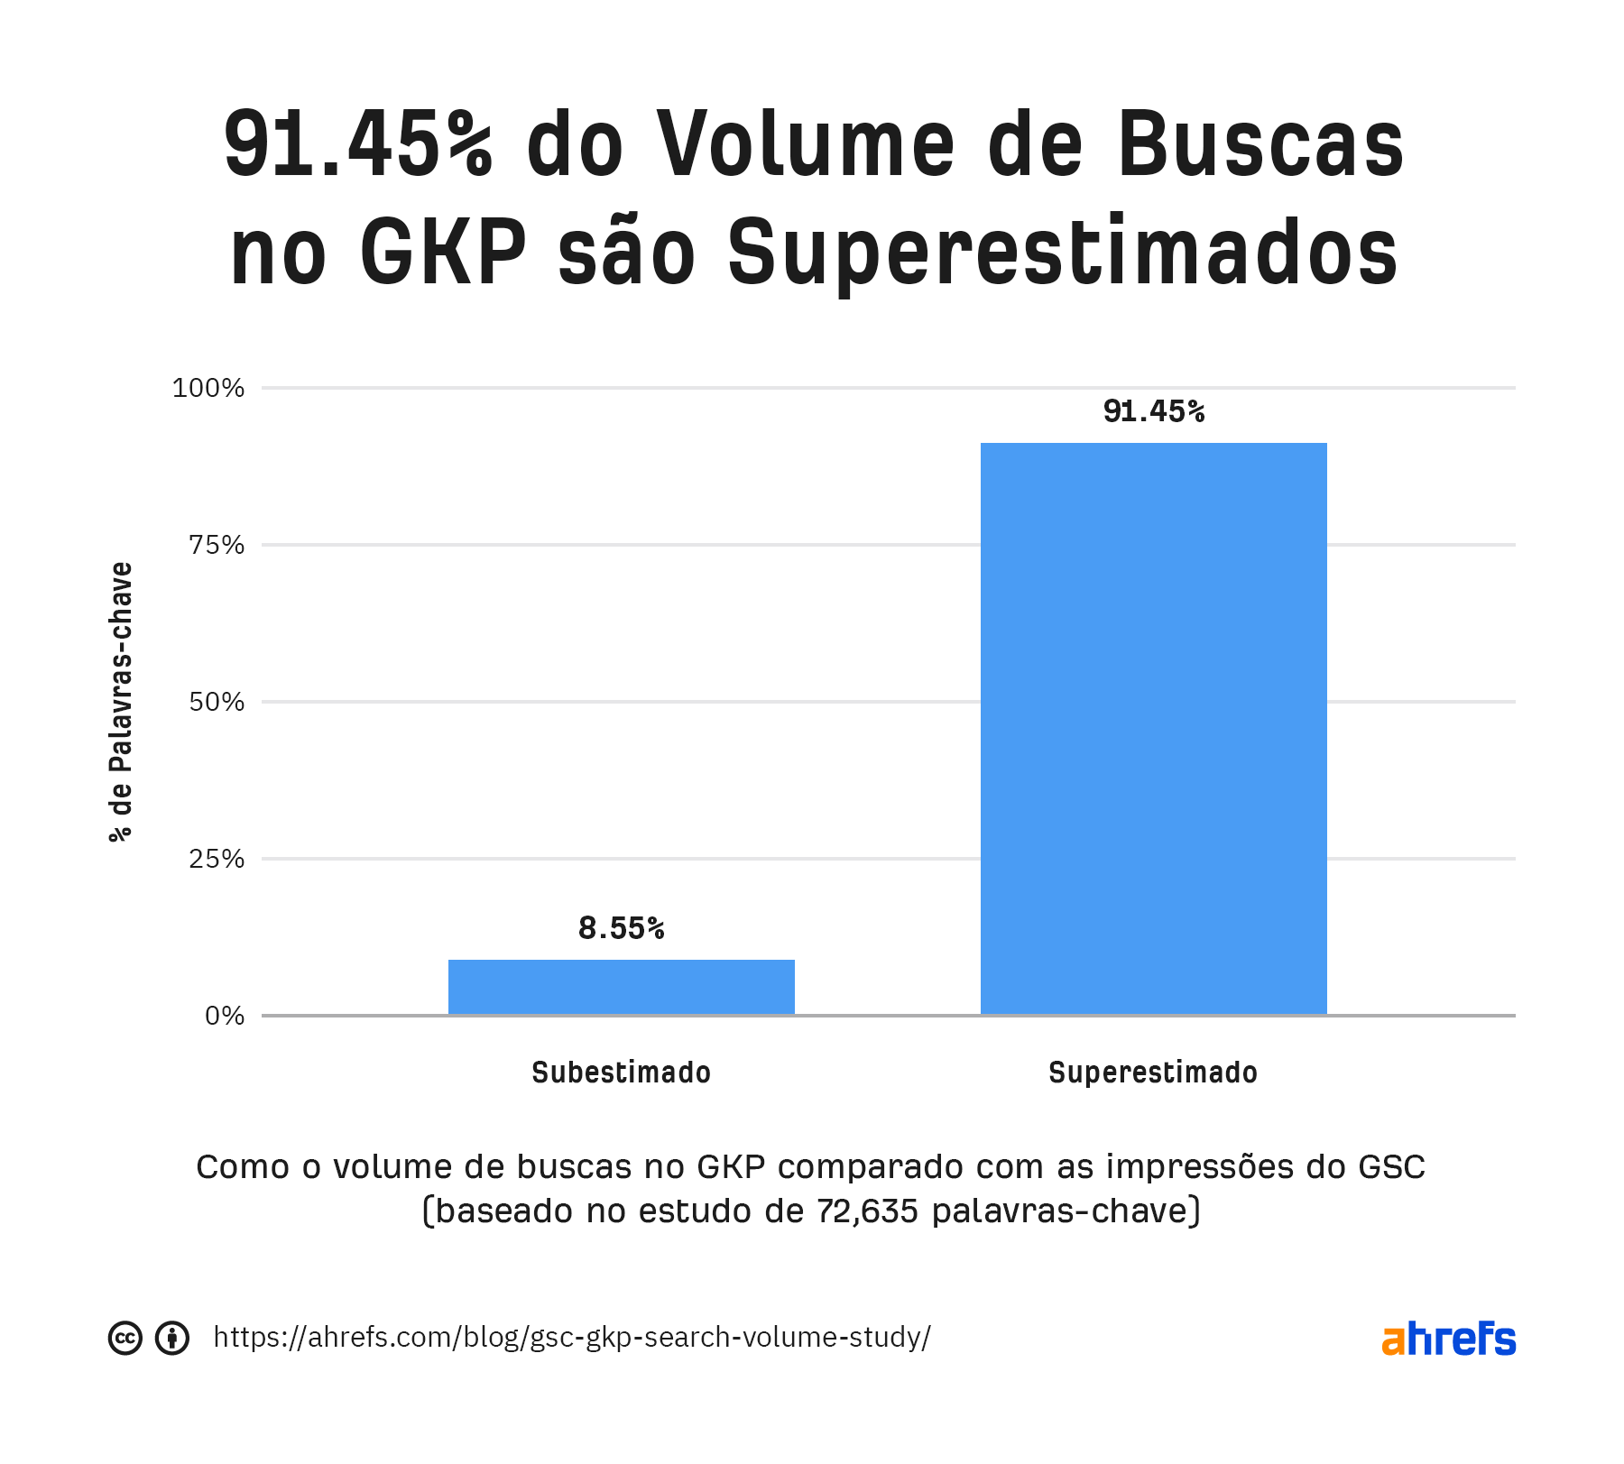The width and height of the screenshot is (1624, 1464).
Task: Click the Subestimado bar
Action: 621,987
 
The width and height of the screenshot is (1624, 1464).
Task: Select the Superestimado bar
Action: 1153,728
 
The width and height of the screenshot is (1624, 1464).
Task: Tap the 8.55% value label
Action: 621,928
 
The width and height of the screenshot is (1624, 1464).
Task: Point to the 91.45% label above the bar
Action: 1153,411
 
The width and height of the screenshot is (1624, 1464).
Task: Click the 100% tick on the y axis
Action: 208,388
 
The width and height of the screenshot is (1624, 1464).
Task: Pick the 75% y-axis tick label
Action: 217,545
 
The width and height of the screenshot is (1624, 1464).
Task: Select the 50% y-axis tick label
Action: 217,702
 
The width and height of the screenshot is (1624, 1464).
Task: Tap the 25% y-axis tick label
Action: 217,859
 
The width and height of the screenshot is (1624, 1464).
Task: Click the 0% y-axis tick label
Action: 225,1016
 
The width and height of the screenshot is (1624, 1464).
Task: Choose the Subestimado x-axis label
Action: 621,1073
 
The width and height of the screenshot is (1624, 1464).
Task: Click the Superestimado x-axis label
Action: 1153,1073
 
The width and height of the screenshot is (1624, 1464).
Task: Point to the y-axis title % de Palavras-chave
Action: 121,702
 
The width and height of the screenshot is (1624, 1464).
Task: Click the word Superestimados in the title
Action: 1062,253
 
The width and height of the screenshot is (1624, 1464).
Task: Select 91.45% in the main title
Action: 358,144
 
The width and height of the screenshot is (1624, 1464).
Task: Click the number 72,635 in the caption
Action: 867,1211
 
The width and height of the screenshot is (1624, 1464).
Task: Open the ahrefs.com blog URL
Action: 572,1337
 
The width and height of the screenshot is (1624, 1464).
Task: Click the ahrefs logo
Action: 1448,1339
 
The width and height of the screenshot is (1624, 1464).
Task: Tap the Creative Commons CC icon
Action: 125,1338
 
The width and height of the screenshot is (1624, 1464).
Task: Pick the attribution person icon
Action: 171,1338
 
